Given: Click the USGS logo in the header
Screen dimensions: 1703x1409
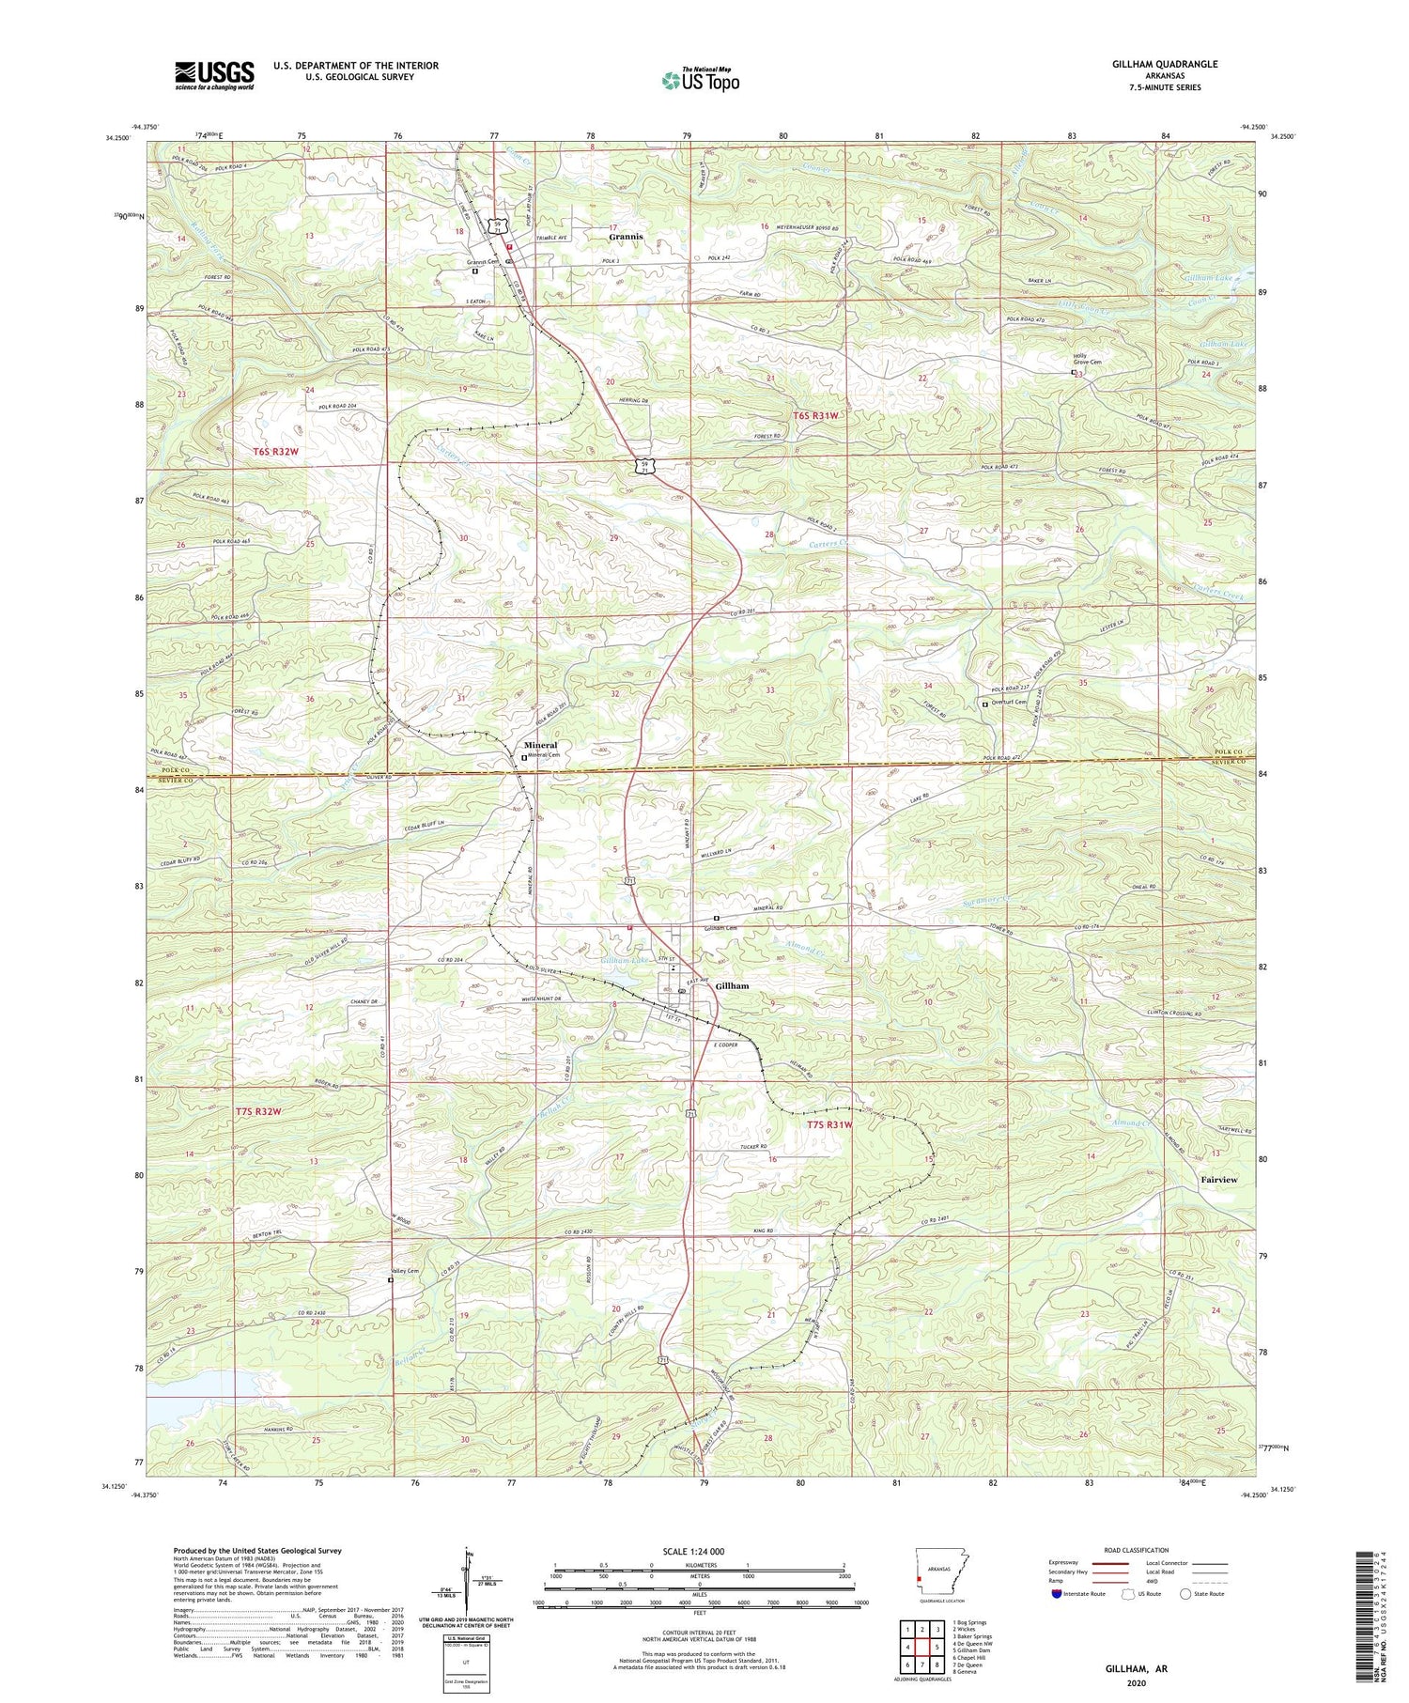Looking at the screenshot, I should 214,75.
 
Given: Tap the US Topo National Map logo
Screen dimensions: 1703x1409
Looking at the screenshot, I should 699,81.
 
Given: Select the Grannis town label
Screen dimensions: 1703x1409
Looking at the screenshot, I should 626,237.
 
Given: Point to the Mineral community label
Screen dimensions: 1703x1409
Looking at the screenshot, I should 540,745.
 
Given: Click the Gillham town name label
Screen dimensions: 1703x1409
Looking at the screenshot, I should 732,986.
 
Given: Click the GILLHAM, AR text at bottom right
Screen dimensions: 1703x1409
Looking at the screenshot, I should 1135,1668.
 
